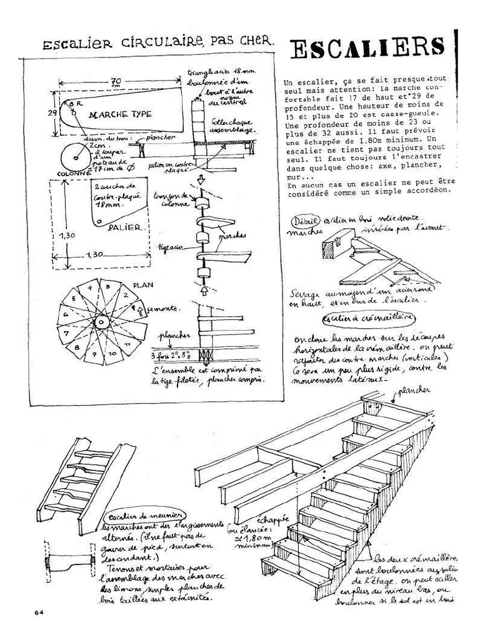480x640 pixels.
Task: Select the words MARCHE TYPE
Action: (x=117, y=115)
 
